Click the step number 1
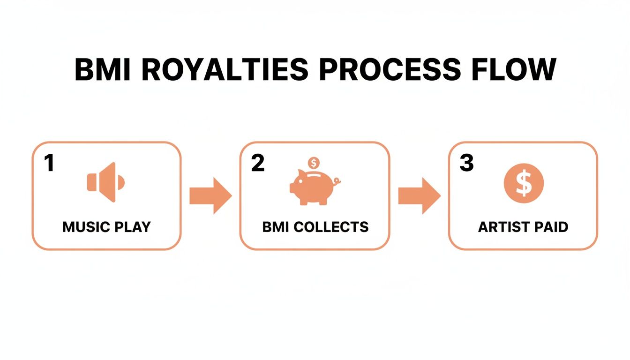pos(49,163)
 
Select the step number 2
pos(257,163)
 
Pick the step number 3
pos(466,163)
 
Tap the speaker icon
pos(106,182)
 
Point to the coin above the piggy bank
pos(313,164)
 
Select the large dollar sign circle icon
pos(523,183)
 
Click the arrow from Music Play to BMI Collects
pos(210,196)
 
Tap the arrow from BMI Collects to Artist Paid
pos(419,196)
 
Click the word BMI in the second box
pos(276,227)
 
